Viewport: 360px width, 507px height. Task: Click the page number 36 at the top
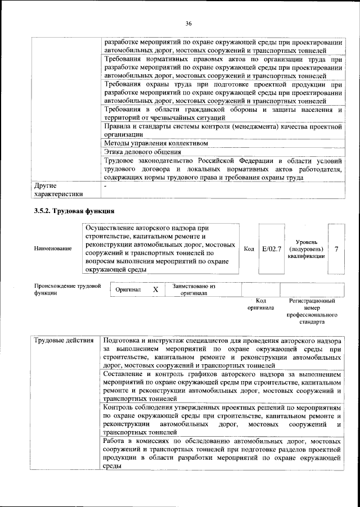point(188,23)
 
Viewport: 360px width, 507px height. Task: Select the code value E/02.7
point(271,248)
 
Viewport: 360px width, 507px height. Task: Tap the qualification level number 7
point(336,248)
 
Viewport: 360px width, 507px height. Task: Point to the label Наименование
point(53,248)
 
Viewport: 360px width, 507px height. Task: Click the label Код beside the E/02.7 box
point(249,248)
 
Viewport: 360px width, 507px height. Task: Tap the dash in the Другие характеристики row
point(105,184)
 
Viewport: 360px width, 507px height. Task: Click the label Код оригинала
point(260,304)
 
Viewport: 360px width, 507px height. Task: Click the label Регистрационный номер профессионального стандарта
point(310,312)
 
